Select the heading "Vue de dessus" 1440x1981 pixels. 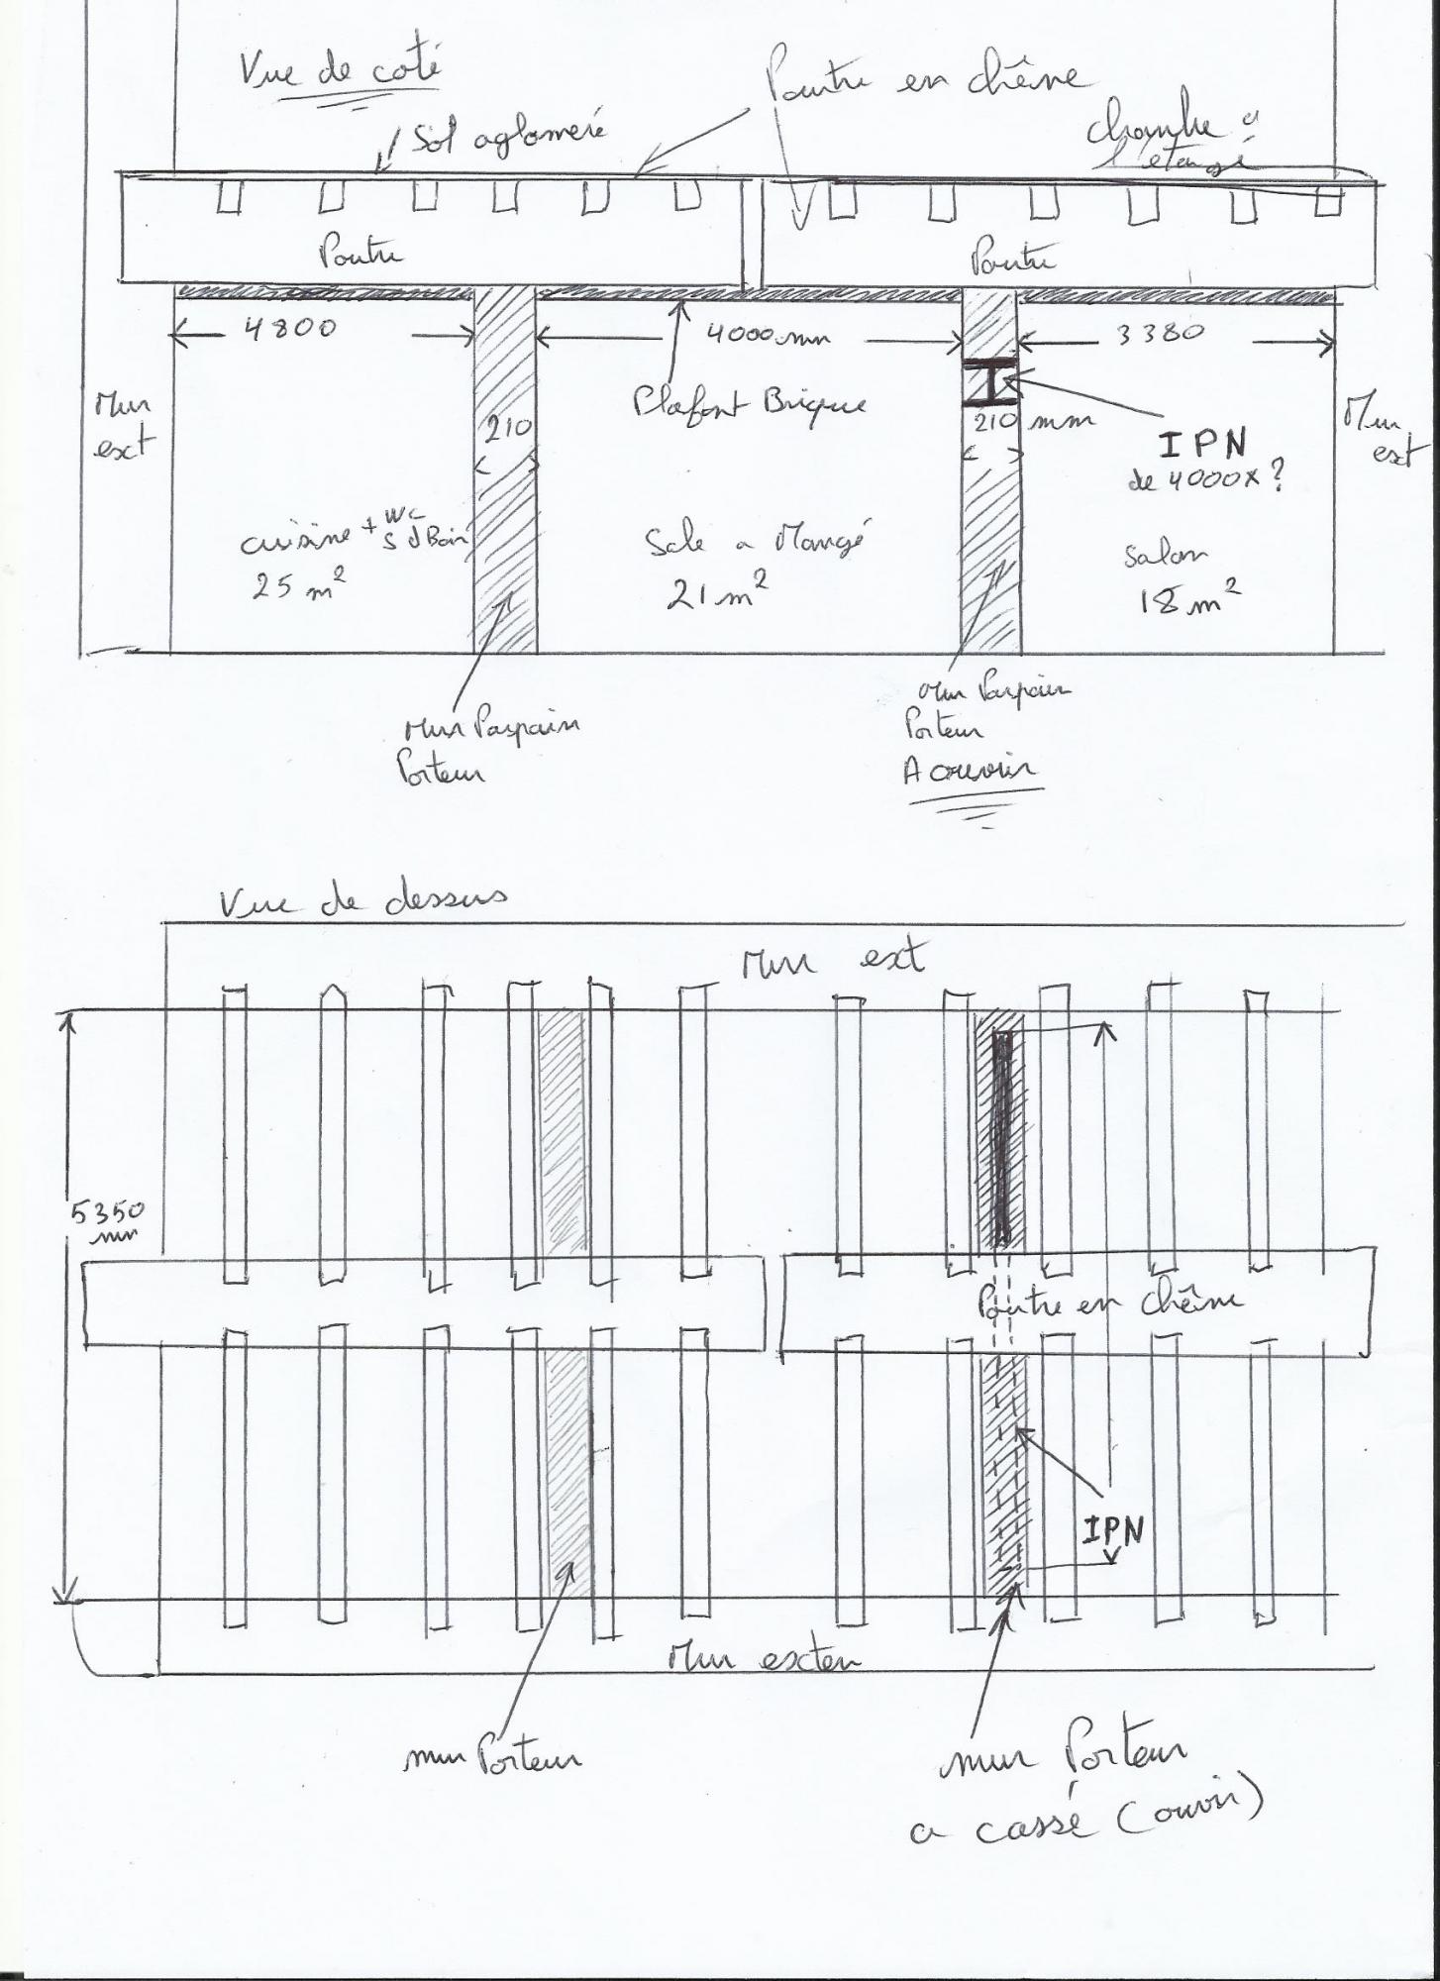[362, 900]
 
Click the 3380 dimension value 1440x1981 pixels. [1160, 334]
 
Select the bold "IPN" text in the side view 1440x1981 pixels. [1203, 445]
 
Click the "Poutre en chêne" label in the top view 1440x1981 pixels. [1108, 1303]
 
